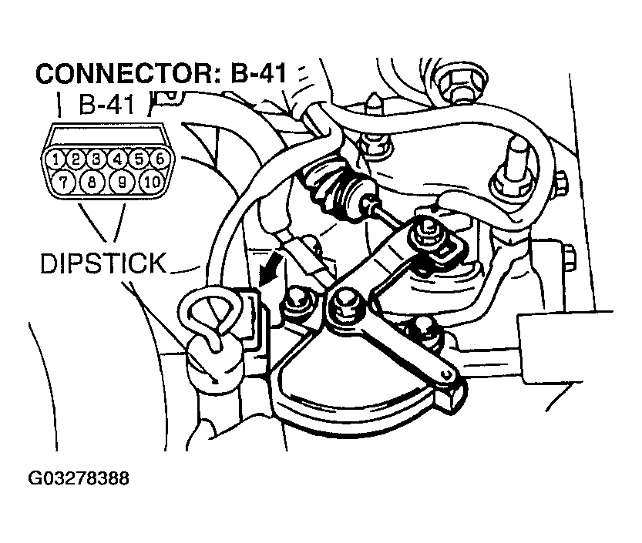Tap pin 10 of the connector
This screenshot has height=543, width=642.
click(x=150, y=183)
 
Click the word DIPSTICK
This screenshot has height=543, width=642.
click(x=103, y=263)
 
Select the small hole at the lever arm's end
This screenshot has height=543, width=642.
click(x=445, y=374)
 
